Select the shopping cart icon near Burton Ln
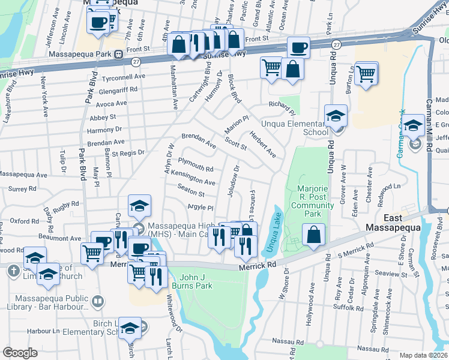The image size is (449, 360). pos(366,74)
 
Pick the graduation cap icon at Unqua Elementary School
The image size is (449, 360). pos(336,116)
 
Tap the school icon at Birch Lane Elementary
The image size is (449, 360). pos(129,328)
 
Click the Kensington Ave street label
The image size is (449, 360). pos(193,178)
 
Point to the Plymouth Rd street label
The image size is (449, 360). pos(196,165)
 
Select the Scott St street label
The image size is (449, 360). pos(235,143)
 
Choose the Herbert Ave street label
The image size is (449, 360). pos(264,145)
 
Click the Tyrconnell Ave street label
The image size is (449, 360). pos(123,77)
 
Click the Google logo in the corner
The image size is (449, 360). pos(20,353)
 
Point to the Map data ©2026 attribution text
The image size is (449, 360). pos(423,355)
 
